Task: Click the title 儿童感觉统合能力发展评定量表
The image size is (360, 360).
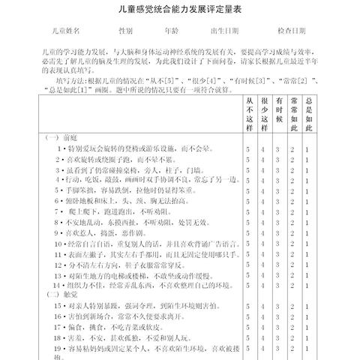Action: (179, 10)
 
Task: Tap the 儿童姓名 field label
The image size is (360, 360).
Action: (64, 31)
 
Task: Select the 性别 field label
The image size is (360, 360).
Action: (125, 31)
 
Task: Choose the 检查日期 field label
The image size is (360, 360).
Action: (291, 31)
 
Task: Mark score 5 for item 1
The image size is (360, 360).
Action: (248, 149)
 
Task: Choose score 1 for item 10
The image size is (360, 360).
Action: (307, 244)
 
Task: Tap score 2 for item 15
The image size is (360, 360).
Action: (293, 306)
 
